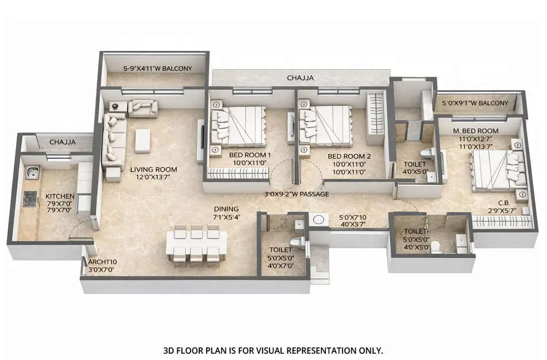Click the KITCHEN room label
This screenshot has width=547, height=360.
[x=60, y=196]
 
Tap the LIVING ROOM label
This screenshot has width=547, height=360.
[x=153, y=169]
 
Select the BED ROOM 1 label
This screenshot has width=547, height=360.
[x=250, y=156]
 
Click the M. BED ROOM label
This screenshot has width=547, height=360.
[x=476, y=131]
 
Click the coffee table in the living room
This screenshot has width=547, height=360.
[x=143, y=140]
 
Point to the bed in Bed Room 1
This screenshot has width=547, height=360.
[x=239, y=127]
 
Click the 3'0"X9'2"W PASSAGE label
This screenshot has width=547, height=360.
[x=297, y=194]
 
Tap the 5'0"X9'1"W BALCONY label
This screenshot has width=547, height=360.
[x=475, y=104]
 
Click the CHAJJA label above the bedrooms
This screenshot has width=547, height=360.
[x=300, y=77]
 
